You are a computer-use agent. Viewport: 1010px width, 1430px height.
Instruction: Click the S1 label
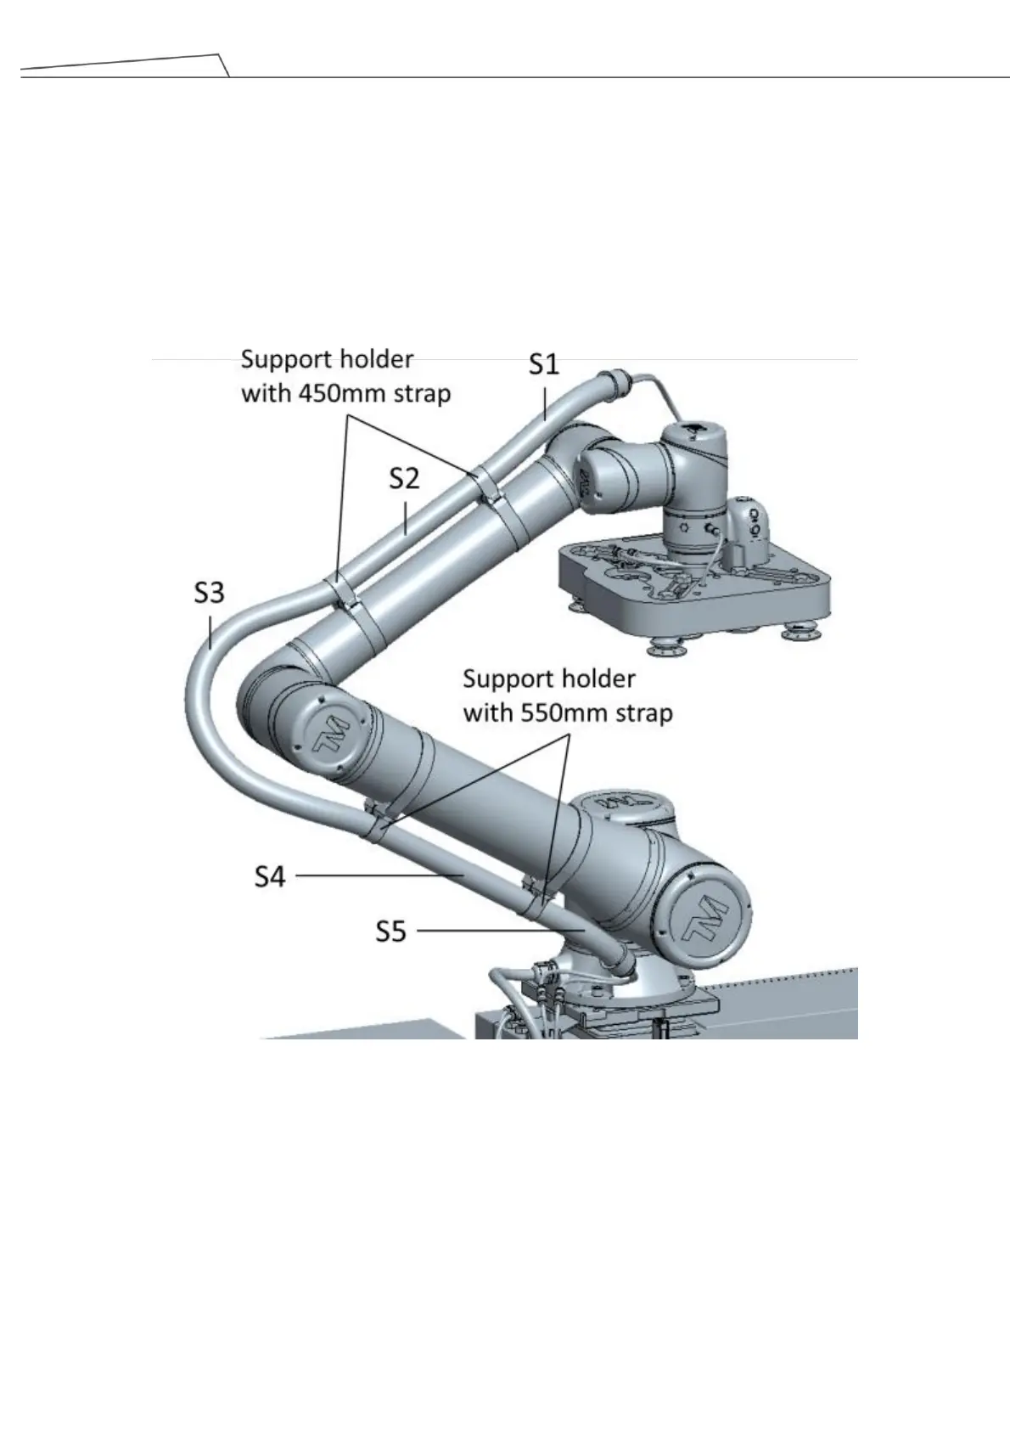544,364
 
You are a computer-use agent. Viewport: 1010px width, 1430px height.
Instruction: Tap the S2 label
404,479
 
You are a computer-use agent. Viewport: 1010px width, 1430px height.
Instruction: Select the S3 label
209,592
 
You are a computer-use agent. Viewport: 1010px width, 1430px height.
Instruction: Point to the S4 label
271,875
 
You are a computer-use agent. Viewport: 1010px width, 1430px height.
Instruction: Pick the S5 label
391,932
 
